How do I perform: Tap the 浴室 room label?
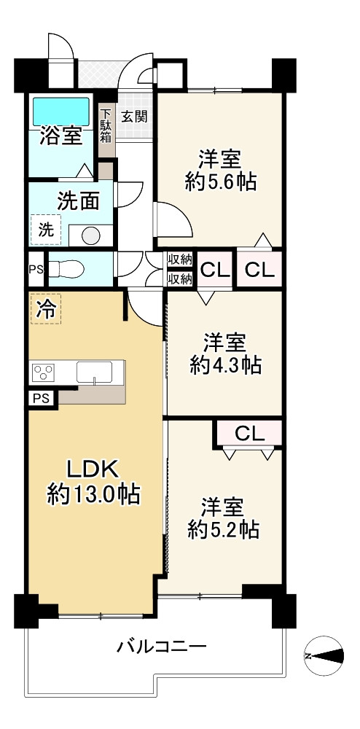[x=61, y=136]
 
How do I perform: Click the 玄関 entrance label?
[x=134, y=116]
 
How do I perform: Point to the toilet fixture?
[x=66, y=269]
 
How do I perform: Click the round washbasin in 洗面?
[x=91, y=235]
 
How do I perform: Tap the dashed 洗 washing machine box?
[x=45, y=230]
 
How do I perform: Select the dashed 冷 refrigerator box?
[x=45, y=309]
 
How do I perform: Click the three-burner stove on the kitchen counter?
[x=43, y=373]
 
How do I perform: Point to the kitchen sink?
[x=94, y=373]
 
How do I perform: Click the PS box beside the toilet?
[x=35, y=269]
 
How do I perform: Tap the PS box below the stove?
[x=43, y=399]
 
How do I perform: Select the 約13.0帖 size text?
[x=93, y=495]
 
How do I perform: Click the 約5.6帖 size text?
[x=220, y=182]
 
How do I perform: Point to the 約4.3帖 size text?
[x=225, y=365]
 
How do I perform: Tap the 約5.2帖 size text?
[x=224, y=529]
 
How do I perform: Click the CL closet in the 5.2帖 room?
[x=249, y=434]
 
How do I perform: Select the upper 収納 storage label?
[x=180, y=260]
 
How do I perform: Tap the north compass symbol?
[x=324, y=655]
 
